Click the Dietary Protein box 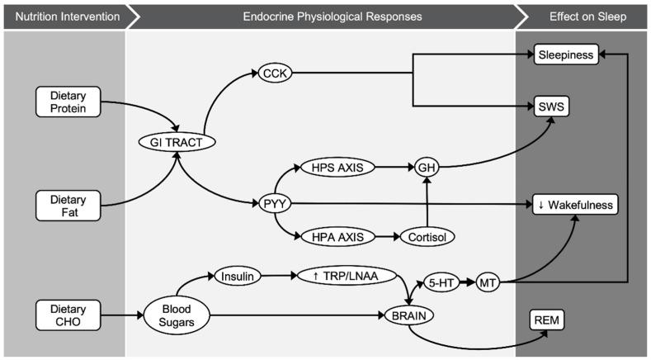(x=69, y=101)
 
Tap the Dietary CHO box (x=69, y=315)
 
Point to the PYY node (x=275, y=202)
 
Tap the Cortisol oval (x=426, y=237)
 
